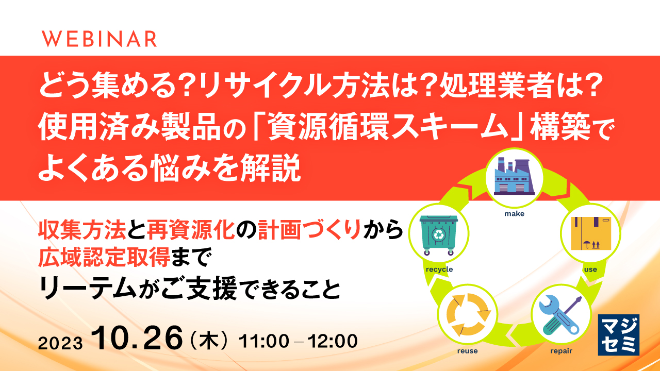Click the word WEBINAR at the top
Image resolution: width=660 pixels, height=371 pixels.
(99, 39)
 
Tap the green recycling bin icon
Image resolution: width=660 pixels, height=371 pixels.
(439, 234)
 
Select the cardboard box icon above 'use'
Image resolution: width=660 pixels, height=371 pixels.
(591, 233)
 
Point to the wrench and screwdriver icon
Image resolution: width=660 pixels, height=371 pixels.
(560, 315)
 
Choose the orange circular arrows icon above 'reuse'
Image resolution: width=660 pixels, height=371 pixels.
(468, 314)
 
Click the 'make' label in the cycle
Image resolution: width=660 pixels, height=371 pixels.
(514, 214)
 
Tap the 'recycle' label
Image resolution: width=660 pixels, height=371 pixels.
(439, 269)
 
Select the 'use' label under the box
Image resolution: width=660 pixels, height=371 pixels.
(590, 269)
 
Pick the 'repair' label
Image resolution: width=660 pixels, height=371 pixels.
(562, 351)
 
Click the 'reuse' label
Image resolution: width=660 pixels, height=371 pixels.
(467, 351)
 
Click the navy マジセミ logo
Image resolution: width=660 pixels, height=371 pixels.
(618, 335)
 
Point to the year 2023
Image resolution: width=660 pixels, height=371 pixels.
(60, 343)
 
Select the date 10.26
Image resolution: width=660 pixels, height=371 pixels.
(137, 339)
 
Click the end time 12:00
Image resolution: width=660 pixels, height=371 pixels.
(333, 341)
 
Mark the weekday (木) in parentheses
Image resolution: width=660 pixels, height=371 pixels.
(209, 342)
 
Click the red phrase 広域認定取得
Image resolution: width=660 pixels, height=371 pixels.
(104, 257)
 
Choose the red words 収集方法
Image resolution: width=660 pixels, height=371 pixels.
(82, 230)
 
